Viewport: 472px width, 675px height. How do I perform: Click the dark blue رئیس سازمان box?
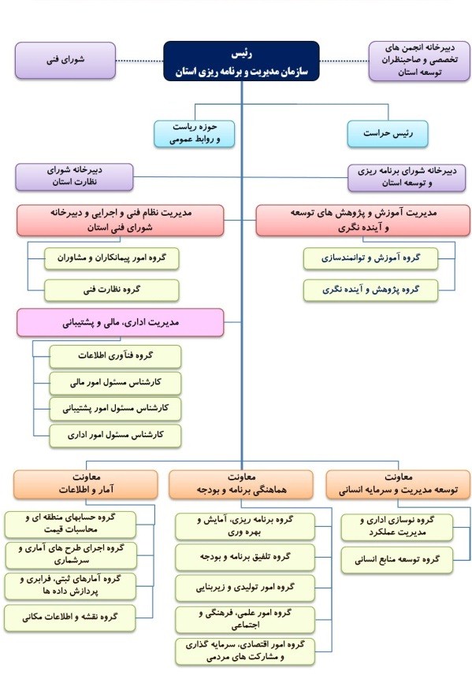(242, 61)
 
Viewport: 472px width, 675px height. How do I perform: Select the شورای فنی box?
(65, 61)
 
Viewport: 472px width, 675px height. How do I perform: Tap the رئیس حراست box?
(388, 133)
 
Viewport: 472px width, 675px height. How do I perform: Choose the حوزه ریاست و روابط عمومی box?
(194, 133)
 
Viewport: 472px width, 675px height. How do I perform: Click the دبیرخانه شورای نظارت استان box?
(75, 177)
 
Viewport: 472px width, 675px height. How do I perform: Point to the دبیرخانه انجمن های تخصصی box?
(419, 61)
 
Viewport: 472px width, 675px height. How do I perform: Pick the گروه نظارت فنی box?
(112, 290)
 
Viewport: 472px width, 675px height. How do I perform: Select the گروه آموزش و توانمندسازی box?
(370, 258)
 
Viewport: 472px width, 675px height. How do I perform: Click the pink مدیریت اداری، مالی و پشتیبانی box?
(120, 322)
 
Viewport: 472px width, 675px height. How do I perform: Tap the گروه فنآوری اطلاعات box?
(115, 357)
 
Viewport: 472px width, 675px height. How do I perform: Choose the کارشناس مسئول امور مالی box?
(115, 383)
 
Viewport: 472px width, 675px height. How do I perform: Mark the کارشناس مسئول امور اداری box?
(115, 436)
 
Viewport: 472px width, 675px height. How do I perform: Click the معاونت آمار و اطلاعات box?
(86, 484)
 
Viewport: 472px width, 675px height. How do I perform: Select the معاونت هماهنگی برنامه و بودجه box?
(241, 484)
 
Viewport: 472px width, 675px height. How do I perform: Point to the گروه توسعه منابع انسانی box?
(397, 560)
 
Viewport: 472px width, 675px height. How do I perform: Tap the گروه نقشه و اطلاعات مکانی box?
(70, 618)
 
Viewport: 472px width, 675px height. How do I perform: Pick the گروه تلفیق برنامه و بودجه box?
(245, 558)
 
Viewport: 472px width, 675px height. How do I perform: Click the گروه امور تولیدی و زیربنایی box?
(245, 588)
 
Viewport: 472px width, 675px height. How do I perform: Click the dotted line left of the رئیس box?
(139, 61)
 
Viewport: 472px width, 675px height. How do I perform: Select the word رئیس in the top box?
(242, 54)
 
